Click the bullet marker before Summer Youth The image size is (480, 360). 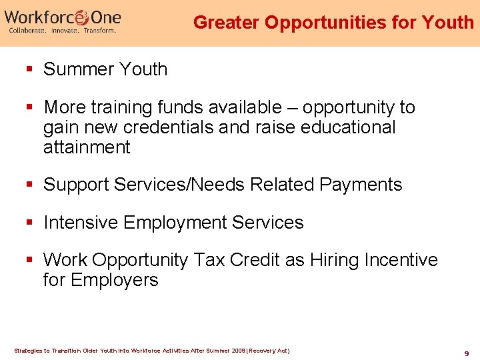(30, 69)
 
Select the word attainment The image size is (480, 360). (87, 147)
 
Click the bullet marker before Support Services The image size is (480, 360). (30, 185)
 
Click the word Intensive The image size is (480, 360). (83, 223)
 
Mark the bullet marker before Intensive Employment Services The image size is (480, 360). (30, 223)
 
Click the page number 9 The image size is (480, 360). (467, 353)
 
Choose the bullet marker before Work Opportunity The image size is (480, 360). (30, 260)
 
